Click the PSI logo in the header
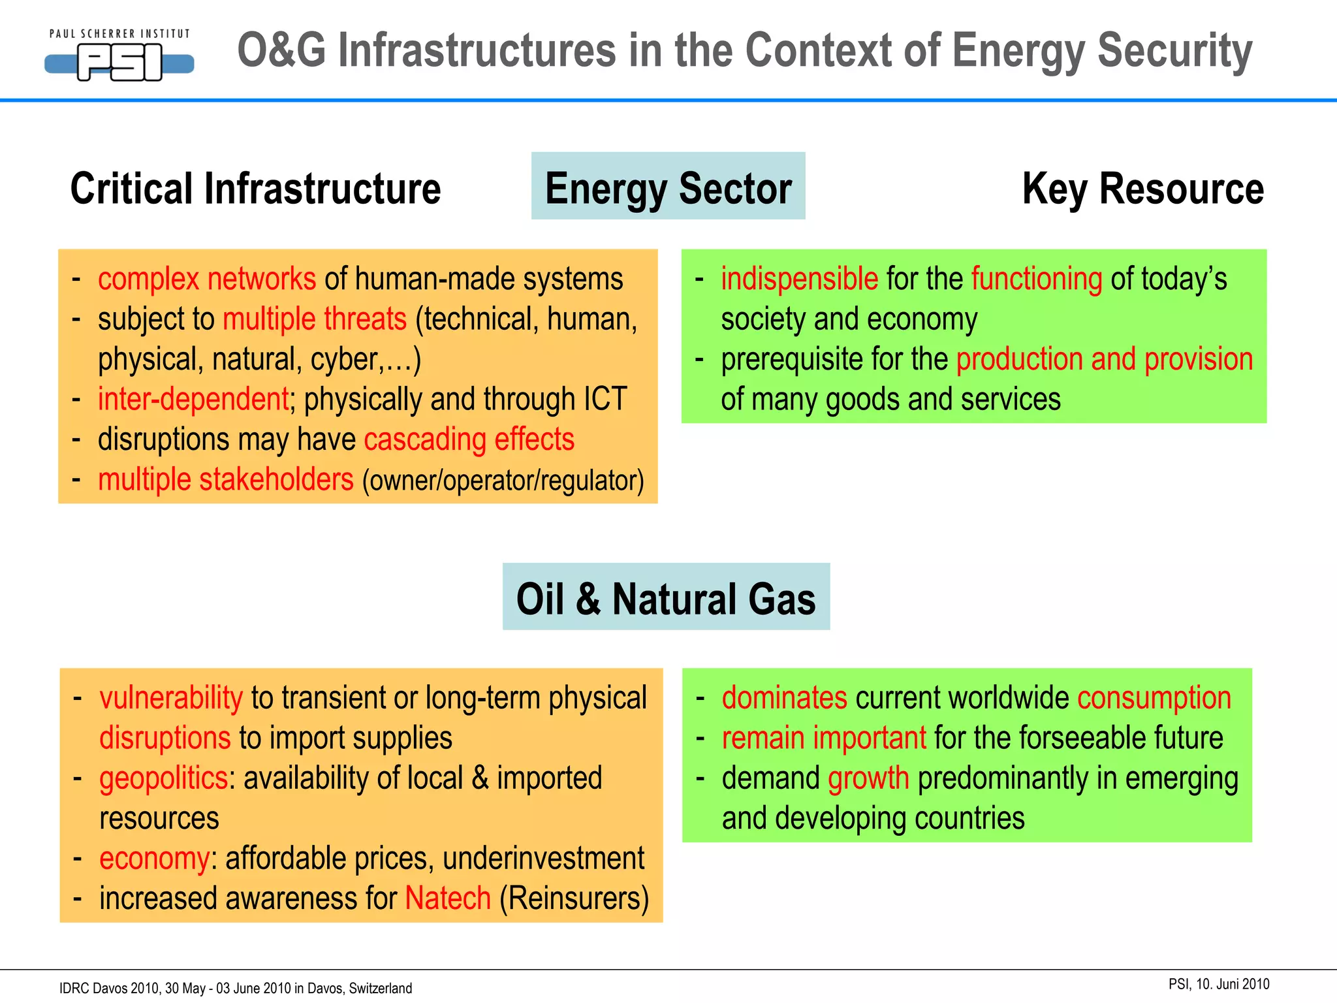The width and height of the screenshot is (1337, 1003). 119,57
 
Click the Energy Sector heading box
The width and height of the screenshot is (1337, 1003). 668,187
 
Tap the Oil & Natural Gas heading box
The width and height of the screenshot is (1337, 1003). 666,597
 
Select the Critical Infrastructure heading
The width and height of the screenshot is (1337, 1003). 255,189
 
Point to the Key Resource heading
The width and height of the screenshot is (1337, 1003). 1142,189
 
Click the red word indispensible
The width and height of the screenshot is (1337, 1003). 799,279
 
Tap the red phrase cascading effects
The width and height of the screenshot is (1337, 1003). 469,439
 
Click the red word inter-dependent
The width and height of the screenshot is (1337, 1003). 193,400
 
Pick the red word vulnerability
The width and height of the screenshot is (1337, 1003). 171,698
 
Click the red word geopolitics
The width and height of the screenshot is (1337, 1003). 163,778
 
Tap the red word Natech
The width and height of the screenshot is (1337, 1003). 448,899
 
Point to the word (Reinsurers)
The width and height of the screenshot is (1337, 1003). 574,899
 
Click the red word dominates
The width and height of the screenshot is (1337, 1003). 784,698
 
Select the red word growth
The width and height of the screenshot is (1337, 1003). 868,778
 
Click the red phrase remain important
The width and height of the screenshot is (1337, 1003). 824,739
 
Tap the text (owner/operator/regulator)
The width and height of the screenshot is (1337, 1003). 503,481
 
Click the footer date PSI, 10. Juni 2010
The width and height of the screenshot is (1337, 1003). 1219,984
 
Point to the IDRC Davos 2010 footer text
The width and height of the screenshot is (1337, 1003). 235,988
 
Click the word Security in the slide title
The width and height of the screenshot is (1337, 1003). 1174,51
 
